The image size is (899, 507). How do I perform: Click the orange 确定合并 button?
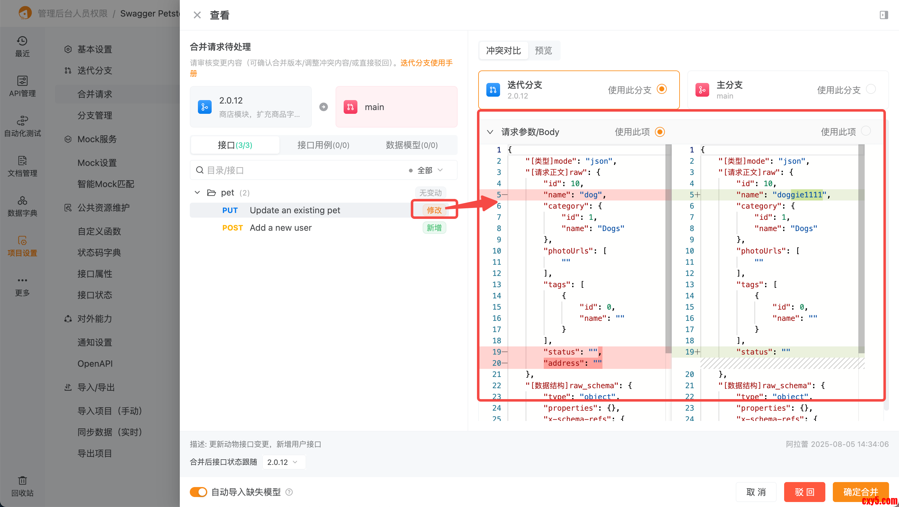tap(860, 492)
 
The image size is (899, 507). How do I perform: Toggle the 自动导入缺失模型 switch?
tap(198, 492)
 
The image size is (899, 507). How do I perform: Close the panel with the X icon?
tap(197, 15)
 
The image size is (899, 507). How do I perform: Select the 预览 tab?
tap(543, 51)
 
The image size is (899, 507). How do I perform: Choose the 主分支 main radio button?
tap(871, 89)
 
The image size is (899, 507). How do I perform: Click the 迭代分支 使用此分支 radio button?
tap(661, 89)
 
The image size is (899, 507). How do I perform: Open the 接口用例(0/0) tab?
tap(323, 145)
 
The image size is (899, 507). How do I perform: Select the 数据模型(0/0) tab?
tap(411, 145)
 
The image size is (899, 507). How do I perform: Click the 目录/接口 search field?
tap(300, 170)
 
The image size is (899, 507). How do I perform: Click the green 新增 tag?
tap(434, 228)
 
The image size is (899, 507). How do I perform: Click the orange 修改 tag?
tap(434, 210)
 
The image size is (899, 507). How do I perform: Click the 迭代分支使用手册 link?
tap(426, 63)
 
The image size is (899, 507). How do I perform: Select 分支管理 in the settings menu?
tap(95, 115)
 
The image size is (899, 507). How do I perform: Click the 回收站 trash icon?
tap(22, 480)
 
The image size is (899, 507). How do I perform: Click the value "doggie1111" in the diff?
tap(799, 195)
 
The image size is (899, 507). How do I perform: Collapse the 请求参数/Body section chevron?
tap(490, 132)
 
